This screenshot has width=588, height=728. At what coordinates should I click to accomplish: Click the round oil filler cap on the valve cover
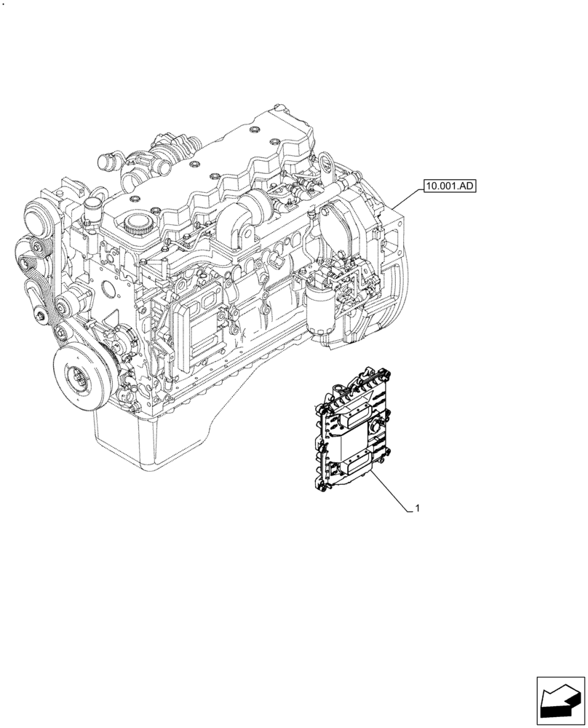(138, 221)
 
